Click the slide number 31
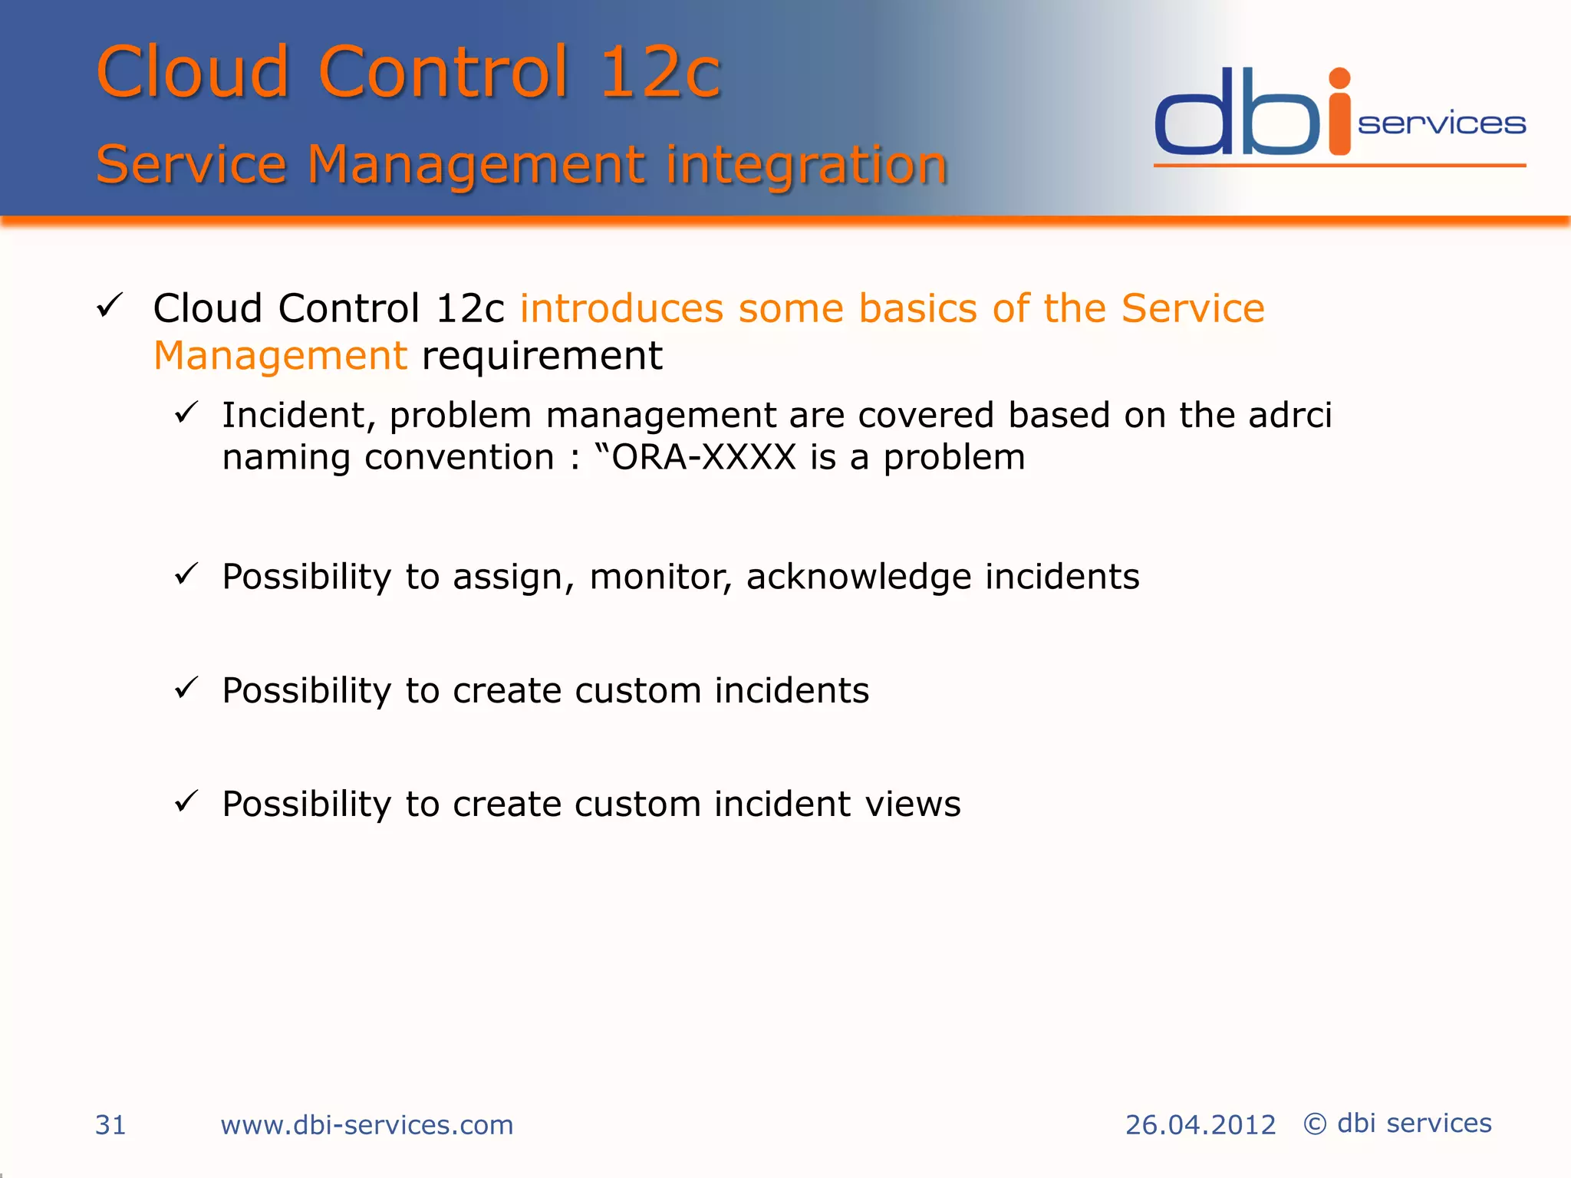(110, 1125)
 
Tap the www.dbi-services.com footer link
(367, 1125)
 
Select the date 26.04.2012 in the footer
(1200, 1125)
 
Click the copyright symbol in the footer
(1315, 1124)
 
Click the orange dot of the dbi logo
(1339, 78)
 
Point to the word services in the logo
(1441, 124)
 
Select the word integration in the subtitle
(806, 164)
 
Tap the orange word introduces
(621, 308)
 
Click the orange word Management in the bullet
(280, 356)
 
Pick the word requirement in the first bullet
(542, 356)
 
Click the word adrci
(1289, 415)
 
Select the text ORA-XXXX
(703, 458)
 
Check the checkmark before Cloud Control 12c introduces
(110, 306)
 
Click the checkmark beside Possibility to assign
(186, 574)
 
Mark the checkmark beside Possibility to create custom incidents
(186, 688)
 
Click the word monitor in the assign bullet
(657, 577)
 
